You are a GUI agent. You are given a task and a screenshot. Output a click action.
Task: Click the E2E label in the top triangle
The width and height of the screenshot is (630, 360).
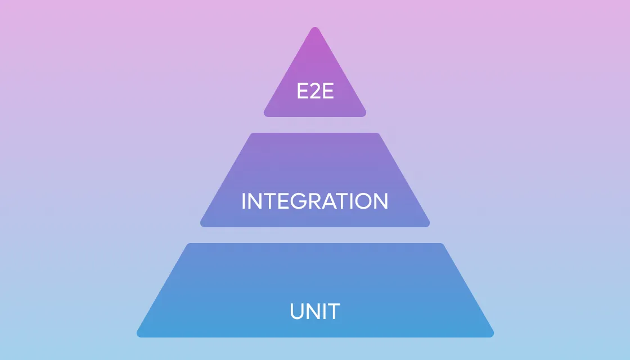coord(315,91)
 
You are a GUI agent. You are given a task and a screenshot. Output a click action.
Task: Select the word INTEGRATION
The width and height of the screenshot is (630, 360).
coord(315,201)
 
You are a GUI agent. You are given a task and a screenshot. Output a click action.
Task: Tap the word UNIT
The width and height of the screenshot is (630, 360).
coord(315,311)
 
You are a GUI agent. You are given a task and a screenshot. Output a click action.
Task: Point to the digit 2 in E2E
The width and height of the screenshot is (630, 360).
coord(316,91)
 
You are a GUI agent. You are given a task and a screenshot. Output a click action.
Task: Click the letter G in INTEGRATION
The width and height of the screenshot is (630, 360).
coord(299,201)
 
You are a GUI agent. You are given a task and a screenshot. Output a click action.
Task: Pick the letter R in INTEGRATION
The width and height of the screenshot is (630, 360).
coord(316,201)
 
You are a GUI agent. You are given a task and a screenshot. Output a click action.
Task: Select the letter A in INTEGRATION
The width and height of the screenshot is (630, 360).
coord(330,201)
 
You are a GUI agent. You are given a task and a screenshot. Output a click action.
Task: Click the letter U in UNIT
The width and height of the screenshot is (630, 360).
coord(297,312)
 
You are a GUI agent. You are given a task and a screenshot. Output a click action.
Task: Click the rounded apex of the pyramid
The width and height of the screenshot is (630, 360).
coord(315,28)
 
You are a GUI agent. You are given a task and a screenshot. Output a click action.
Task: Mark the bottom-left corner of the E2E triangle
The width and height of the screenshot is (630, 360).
coord(265,115)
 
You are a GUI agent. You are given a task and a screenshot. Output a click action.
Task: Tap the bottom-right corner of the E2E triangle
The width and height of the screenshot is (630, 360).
coord(364,115)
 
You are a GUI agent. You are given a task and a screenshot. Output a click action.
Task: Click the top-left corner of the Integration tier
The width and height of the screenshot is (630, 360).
coord(253,134)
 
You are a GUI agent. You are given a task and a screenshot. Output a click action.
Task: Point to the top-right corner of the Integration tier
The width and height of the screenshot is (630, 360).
coord(377,134)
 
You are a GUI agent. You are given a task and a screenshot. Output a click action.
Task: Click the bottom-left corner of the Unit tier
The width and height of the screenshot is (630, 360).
coord(138,335)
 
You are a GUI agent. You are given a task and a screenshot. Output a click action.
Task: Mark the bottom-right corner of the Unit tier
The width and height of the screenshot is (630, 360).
coord(492,335)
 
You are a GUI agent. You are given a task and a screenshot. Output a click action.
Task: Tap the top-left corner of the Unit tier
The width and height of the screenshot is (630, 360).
coord(189,244)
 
